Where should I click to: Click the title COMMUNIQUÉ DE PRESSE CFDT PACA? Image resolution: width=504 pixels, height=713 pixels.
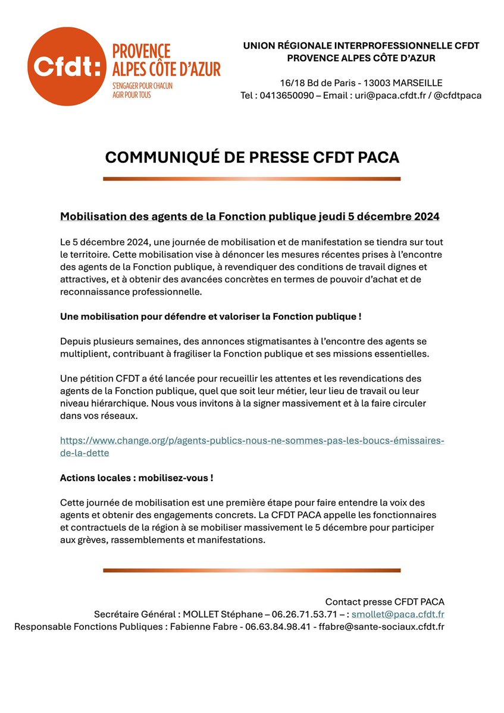[x=252, y=157]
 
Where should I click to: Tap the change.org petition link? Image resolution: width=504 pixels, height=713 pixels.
[x=252, y=446]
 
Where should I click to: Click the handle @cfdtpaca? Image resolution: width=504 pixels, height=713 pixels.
[x=459, y=95]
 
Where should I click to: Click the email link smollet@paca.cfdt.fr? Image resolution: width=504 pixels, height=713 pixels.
[x=398, y=614]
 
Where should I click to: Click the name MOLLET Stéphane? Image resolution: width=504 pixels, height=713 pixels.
[x=220, y=614]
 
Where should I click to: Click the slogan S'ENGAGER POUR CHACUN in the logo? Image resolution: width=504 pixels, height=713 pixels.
[x=142, y=86]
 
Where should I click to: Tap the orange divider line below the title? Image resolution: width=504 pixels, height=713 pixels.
[x=252, y=179]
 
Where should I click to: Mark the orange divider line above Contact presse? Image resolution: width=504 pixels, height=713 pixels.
[x=252, y=570]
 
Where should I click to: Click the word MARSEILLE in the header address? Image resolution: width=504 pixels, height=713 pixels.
[x=417, y=83]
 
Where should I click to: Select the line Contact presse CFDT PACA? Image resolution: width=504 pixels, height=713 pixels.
[x=384, y=602]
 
